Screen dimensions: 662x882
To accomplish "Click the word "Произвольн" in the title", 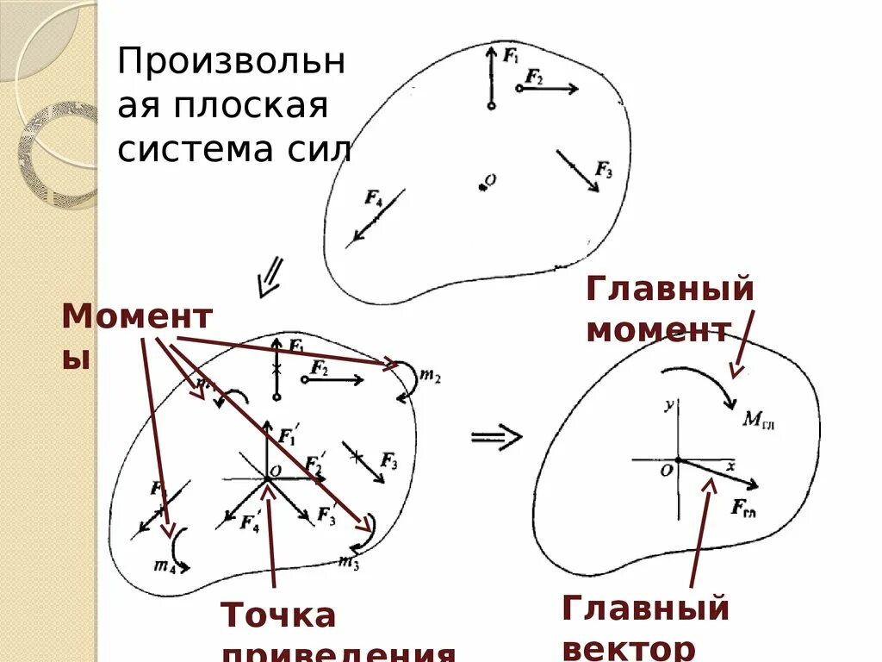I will (x=231, y=63).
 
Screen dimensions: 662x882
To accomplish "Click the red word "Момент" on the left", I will (x=136, y=317).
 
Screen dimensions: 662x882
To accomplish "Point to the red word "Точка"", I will (x=278, y=615).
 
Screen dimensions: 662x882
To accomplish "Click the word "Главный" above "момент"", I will (x=669, y=289).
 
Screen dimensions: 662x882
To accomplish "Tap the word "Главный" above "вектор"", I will (x=645, y=609).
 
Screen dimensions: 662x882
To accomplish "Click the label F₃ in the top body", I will (x=604, y=171).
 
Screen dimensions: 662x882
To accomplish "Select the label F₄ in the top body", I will (x=373, y=199).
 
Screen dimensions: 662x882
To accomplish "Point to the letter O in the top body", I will (x=491, y=179).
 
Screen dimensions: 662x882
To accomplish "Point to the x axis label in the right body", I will (x=730, y=465).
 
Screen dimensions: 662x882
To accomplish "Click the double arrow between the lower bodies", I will (x=497, y=437).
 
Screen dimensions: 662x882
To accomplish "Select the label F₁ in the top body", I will (x=511, y=57).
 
